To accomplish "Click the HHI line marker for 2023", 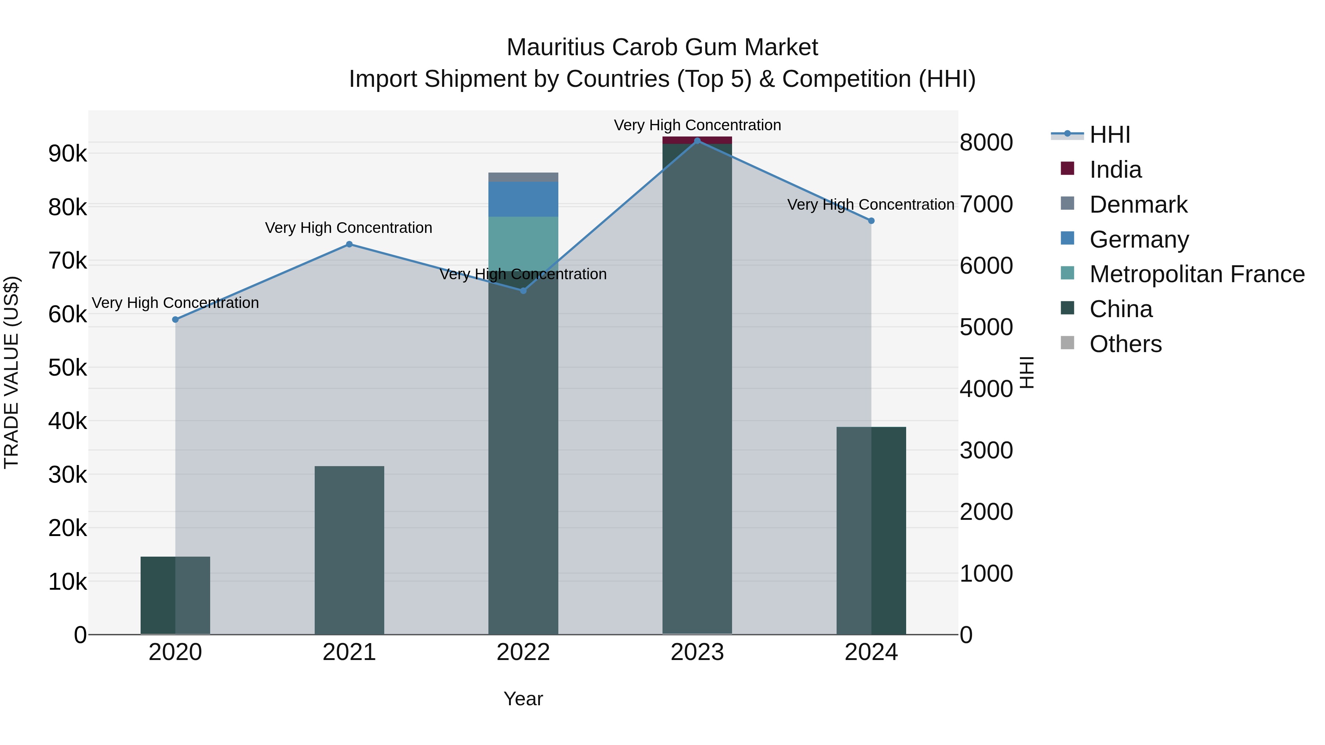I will pos(697,141).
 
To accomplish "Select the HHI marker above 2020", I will pos(176,319).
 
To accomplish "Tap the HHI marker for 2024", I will pos(871,221).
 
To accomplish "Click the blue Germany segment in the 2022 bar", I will pos(523,199).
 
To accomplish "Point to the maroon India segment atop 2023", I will pos(697,140).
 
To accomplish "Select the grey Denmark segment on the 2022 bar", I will pos(523,177).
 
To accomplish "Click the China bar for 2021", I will pos(349,550).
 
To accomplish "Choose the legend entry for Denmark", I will pos(1138,205).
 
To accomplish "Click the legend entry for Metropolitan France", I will pos(1197,274).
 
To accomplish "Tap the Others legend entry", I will pos(1125,344).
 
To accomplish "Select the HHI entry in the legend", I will pos(1109,135).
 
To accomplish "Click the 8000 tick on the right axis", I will pos(986,143).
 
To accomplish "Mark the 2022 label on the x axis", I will pos(523,652).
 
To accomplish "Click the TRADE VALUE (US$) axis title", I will pos(11,372).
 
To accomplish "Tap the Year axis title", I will pos(523,699).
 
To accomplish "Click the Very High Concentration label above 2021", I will pos(349,228).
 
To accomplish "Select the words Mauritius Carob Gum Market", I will pos(662,47).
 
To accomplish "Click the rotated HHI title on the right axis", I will pos(1027,372).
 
